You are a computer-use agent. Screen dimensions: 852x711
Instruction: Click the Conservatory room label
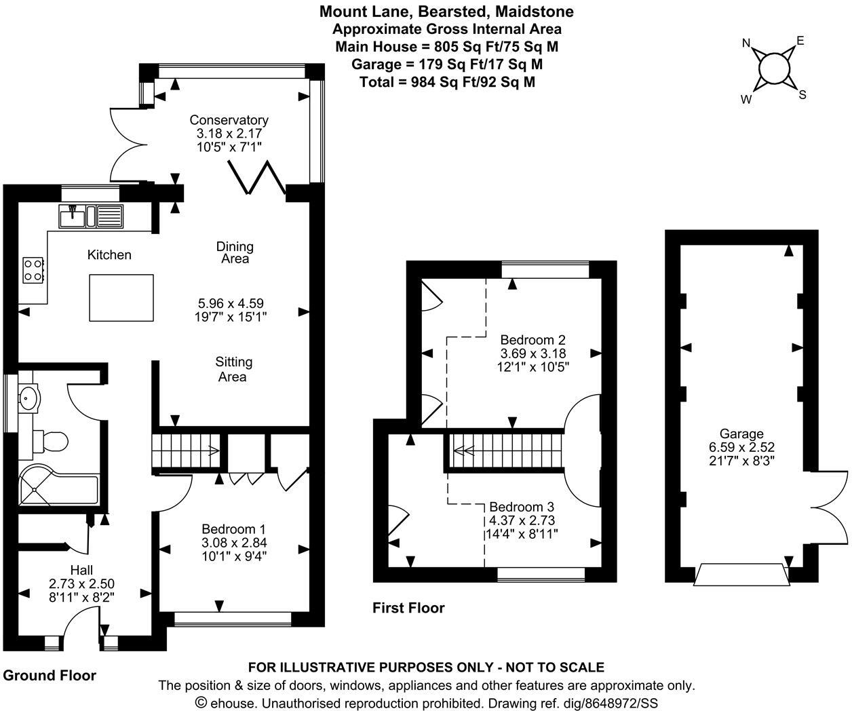click(x=229, y=120)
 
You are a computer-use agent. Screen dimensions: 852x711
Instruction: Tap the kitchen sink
click(x=91, y=216)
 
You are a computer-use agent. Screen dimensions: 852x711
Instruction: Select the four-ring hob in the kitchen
click(x=33, y=270)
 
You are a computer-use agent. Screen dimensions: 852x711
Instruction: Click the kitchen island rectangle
click(x=121, y=298)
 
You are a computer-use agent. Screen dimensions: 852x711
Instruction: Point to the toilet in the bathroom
click(x=51, y=441)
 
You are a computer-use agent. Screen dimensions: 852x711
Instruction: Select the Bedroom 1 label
click(x=233, y=529)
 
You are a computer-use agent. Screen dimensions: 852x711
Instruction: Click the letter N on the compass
click(x=746, y=43)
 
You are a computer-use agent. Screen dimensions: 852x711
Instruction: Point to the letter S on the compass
click(x=802, y=95)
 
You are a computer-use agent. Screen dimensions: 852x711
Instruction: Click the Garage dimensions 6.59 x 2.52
click(x=741, y=447)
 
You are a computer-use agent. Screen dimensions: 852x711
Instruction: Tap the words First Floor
click(x=408, y=608)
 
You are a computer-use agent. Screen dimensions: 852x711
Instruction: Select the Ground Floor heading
click(x=50, y=676)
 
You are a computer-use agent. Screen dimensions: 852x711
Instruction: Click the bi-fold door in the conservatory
click(x=256, y=176)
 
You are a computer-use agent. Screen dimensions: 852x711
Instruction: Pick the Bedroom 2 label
click(x=533, y=340)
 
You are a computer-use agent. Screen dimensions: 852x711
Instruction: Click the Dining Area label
click(x=235, y=252)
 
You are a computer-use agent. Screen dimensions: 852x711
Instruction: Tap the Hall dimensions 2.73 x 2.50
click(x=81, y=583)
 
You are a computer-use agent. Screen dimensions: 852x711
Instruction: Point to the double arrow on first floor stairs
click(x=464, y=451)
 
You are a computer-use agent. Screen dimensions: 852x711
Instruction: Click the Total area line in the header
click(x=447, y=82)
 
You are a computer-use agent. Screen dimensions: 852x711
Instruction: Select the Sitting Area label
click(x=234, y=369)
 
